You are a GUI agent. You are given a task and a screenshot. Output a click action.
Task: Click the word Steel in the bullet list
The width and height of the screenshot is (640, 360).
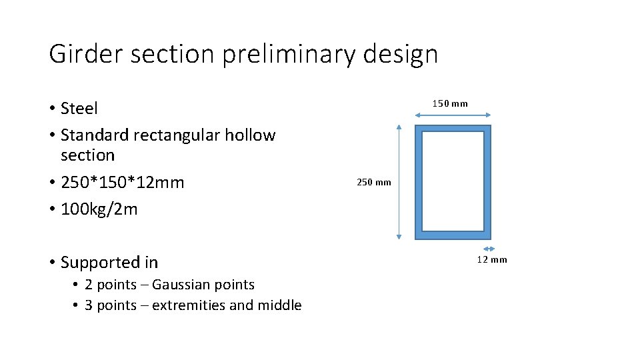(x=79, y=108)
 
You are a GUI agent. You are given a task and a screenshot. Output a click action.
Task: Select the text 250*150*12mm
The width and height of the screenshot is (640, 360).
(x=122, y=183)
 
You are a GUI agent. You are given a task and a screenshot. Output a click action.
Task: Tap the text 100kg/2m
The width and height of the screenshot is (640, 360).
(x=99, y=209)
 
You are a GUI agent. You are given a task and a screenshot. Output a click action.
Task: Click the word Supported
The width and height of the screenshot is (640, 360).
(x=100, y=263)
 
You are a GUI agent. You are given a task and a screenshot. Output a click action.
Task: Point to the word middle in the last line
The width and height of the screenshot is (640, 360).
(x=280, y=305)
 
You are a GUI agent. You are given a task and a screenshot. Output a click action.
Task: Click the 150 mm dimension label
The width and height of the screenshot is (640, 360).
(x=450, y=103)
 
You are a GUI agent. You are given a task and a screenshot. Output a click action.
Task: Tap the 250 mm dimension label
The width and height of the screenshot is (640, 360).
(x=374, y=182)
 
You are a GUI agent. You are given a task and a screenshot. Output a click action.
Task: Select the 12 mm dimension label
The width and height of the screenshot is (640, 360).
(x=491, y=259)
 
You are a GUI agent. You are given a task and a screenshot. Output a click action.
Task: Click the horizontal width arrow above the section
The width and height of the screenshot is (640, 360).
(x=453, y=115)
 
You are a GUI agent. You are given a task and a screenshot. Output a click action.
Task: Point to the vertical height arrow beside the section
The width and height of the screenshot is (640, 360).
(x=398, y=182)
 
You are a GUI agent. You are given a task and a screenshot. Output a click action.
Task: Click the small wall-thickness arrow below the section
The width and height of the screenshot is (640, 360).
(x=487, y=249)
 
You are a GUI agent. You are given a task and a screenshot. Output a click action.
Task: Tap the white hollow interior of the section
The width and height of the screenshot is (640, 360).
(x=453, y=181)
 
